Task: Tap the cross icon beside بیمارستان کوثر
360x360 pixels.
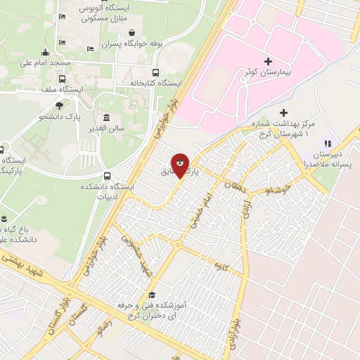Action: [x=268, y=61]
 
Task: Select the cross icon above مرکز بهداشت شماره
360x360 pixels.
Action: [x=283, y=112]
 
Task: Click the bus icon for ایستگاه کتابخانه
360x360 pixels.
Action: [x=155, y=72]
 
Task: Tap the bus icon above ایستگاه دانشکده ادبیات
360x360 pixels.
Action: [x=107, y=176]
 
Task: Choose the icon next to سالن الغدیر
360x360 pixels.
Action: [x=106, y=117]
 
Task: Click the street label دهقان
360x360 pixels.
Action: [x=232, y=185]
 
